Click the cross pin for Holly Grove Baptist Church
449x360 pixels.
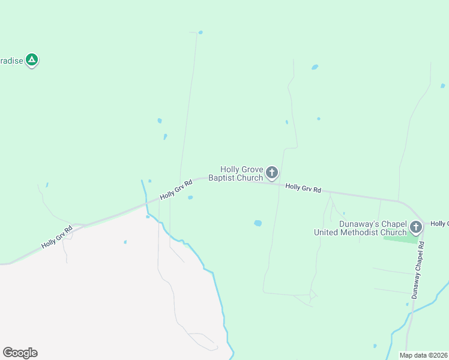tap(272, 173)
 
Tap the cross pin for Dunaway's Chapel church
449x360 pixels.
tap(417, 227)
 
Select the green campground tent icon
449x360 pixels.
tap(32, 60)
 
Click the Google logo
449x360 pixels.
tap(20, 353)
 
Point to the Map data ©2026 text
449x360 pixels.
tap(424, 355)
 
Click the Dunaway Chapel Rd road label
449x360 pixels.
tap(418, 270)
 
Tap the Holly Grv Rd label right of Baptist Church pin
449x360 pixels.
tap(303, 188)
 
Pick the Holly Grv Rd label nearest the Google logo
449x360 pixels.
tap(57, 237)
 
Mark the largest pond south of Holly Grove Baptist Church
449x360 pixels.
tap(258, 223)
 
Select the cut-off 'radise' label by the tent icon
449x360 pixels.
tap(11, 61)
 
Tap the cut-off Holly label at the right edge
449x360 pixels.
tap(440, 223)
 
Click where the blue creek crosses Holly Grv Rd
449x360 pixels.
tap(146, 203)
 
